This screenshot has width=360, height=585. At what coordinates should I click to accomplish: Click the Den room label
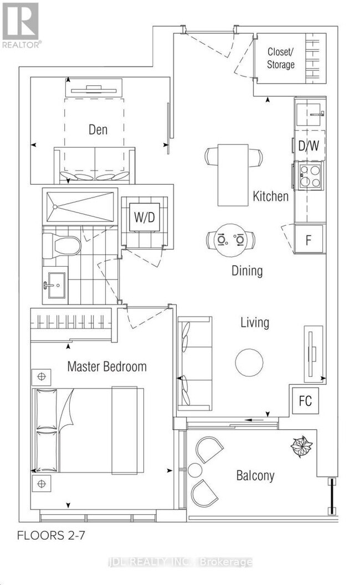coord(98,130)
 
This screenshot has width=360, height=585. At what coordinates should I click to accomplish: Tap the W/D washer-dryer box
coord(145,217)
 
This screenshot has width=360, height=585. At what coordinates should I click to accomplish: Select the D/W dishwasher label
coord(308,146)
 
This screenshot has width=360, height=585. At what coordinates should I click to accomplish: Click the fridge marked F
coord(308,239)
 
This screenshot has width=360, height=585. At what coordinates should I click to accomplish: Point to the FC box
coord(305,401)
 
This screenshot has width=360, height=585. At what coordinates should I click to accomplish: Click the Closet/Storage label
coord(281,58)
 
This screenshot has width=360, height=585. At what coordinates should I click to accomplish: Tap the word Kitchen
coord(271,196)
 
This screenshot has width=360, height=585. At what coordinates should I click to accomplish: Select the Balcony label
coord(255,475)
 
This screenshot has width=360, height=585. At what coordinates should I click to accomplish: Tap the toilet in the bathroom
coord(61,246)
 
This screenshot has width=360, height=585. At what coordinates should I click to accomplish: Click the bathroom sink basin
coord(56,285)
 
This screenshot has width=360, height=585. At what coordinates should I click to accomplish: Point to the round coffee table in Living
coord(249,363)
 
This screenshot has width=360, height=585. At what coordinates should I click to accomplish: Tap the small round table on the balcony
coord(195,470)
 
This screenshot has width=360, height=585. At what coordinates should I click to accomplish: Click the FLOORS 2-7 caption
coord(51,535)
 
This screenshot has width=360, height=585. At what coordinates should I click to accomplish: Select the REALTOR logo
coord(21,25)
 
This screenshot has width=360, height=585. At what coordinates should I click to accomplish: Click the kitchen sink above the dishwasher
coord(310,113)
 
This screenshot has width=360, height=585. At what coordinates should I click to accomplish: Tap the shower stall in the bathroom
coord(80,206)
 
